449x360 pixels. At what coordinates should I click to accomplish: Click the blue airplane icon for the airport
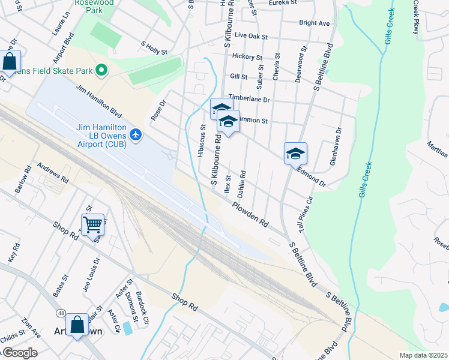coord(136,133)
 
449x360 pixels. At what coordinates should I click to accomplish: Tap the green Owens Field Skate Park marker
coord(101,71)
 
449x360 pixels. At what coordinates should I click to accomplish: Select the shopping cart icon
coord(92,225)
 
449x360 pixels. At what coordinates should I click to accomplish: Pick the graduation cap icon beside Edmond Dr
coord(295,154)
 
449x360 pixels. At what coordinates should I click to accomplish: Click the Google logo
coord(19,353)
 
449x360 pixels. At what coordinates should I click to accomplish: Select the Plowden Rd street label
coord(250,212)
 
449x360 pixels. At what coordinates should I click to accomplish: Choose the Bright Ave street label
coord(315,23)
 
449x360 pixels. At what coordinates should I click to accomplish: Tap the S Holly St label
coord(154,48)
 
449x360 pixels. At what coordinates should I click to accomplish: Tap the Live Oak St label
coord(251,36)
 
